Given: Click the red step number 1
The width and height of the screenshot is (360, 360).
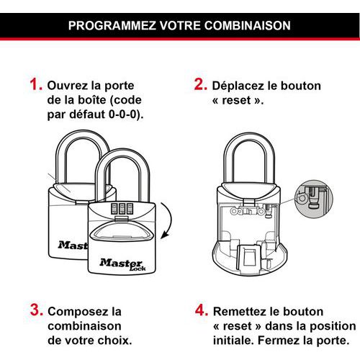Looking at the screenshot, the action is (36, 85).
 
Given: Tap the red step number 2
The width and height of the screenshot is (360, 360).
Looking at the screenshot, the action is (201, 84).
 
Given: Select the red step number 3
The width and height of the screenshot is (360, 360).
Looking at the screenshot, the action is (37, 310).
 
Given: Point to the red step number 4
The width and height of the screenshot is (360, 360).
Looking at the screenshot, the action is (202, 310).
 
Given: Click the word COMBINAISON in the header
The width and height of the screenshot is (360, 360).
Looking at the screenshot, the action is (248, 25).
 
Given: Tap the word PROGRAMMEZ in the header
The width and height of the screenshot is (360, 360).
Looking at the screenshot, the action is (112, 25).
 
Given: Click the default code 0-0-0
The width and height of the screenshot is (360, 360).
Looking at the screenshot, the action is (122, 114).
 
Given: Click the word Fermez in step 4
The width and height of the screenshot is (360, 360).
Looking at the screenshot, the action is (274, 341).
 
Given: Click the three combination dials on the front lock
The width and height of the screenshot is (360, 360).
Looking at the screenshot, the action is (122, 208).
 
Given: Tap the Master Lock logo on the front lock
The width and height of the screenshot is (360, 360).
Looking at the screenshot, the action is (122, 264).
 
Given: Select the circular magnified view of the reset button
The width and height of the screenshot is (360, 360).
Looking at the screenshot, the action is (314, 199).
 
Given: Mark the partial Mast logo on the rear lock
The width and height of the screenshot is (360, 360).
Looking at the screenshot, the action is (73, 245).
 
